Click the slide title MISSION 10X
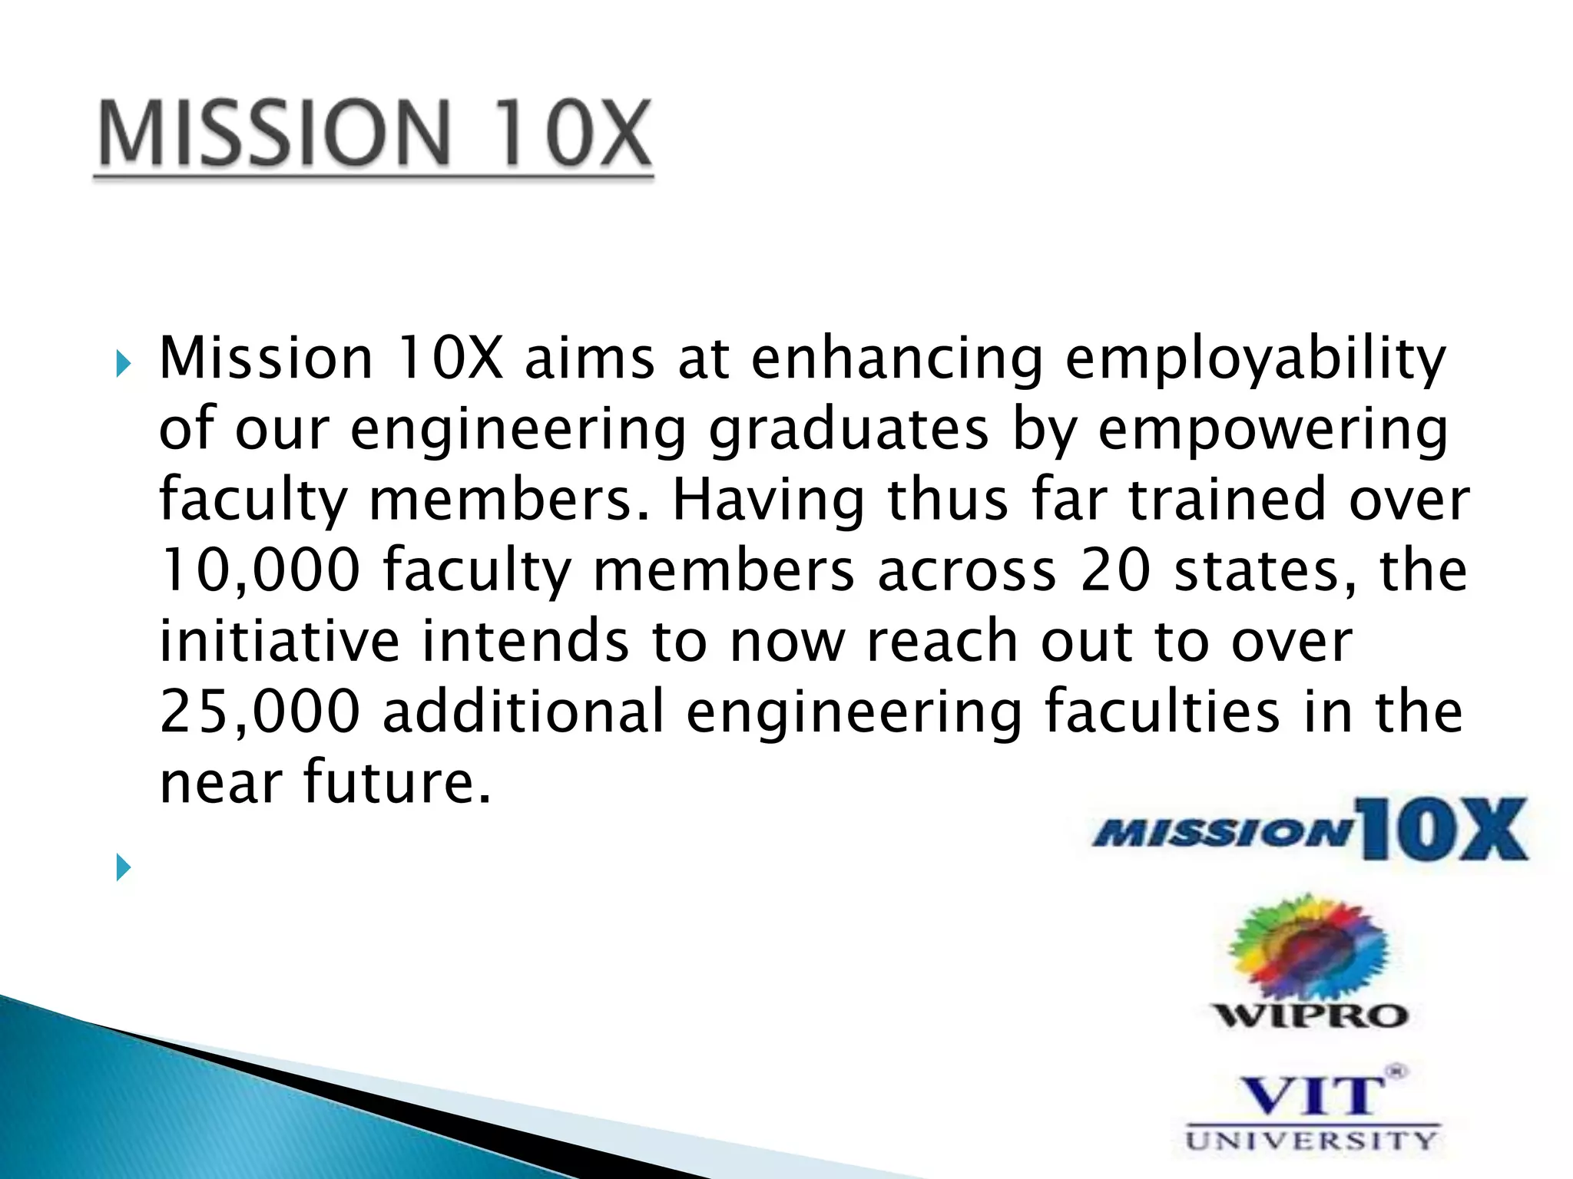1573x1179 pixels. click(x=374, y=134)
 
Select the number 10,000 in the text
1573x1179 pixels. click(x=260, y=570)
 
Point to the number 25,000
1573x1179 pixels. click(x=260, y=712)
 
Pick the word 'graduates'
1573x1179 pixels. click(x=849, y=430)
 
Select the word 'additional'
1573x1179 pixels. click(x=523, y=712)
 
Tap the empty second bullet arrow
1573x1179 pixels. click(x=123, y=867)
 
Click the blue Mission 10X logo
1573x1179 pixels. click(x=1310, y=831)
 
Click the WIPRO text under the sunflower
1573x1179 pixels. click(x=1310, y=1016)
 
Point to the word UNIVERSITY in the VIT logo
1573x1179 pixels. click(x=1310, y=1140)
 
